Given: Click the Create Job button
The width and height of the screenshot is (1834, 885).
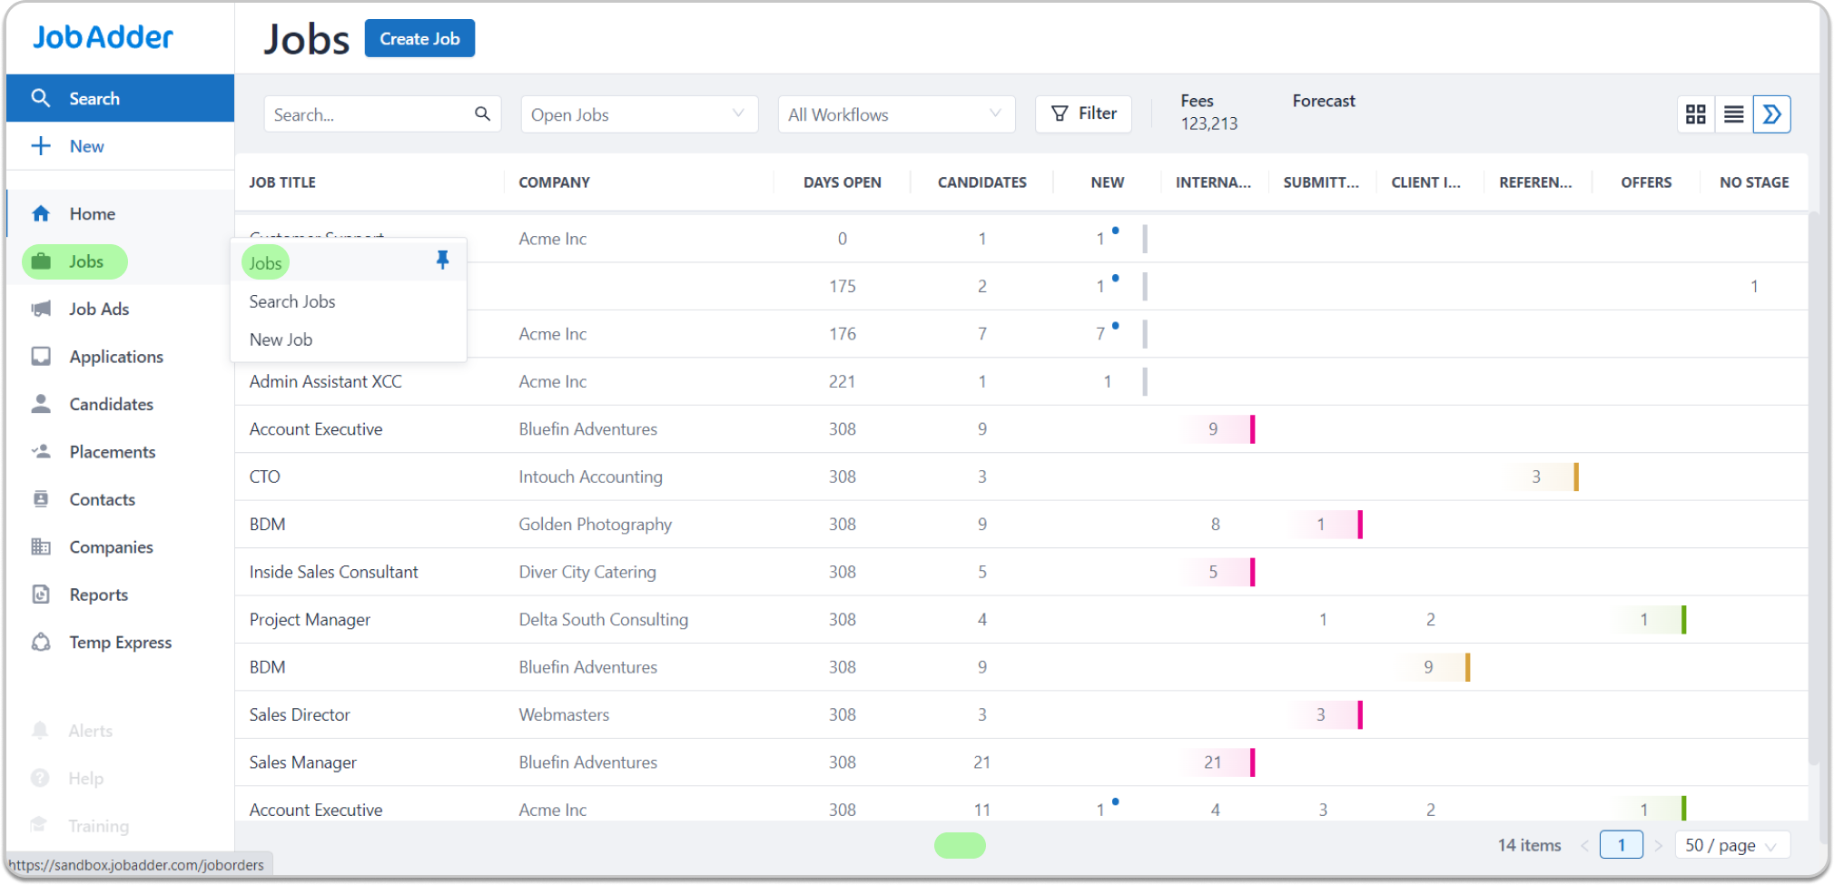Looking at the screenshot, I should click(419, 39).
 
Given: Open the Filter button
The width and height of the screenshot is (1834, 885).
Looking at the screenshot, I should click(1083, 114).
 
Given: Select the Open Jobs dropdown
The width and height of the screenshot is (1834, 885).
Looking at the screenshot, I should click(638, 115).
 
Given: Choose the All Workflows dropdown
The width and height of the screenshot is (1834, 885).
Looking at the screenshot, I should click(895, 115).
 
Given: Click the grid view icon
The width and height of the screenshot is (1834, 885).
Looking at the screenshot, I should click(1695, 114).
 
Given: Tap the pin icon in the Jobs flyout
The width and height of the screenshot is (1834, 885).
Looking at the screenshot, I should click(442, 261).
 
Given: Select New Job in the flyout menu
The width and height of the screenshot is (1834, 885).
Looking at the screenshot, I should click(281, 339).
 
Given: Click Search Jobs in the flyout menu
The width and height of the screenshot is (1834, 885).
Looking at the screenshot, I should click(292, 301).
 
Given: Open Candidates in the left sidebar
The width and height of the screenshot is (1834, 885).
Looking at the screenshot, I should click(111, 404).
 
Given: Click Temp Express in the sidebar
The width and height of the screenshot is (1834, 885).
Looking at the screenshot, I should click(120, 643).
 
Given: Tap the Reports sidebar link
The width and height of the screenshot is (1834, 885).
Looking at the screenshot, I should click(98, 595).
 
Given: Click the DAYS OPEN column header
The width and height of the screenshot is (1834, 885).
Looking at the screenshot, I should click(842, 182).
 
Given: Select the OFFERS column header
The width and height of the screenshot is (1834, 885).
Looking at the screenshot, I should click(1645, 182).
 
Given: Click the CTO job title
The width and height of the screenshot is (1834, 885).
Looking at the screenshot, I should click(265, 477).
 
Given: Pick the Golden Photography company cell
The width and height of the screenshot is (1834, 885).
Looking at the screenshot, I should click(595, 525).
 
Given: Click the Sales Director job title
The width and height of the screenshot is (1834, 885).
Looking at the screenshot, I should click(300, 715).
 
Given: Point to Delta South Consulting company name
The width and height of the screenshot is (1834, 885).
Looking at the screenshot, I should click(603, 620).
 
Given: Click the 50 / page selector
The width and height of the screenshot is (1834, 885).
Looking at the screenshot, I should click(1730, 845).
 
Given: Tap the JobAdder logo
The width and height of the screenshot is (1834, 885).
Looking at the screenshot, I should click(103, 37).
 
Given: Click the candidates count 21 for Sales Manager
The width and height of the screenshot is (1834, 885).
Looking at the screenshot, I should click(981, 762).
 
